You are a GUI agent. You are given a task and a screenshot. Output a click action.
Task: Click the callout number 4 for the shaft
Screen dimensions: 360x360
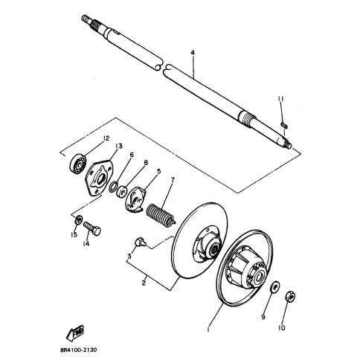[x=192, y=54]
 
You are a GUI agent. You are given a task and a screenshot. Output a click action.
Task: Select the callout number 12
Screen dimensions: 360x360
[x=106, y=138]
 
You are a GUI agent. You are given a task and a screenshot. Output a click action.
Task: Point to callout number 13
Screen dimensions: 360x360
[x=118, y=146]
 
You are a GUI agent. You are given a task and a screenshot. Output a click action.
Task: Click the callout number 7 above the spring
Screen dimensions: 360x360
[x=172, y=179]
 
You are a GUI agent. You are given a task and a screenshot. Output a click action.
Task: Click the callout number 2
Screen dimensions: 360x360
[x=142, y=283]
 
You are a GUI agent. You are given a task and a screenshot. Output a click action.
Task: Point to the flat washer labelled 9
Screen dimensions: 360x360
[x=273, y=286]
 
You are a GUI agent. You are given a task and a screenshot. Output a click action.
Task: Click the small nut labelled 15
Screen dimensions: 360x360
[x=77, y=219]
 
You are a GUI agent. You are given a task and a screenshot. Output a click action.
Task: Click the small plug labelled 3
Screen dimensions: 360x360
[x=138, y=241]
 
